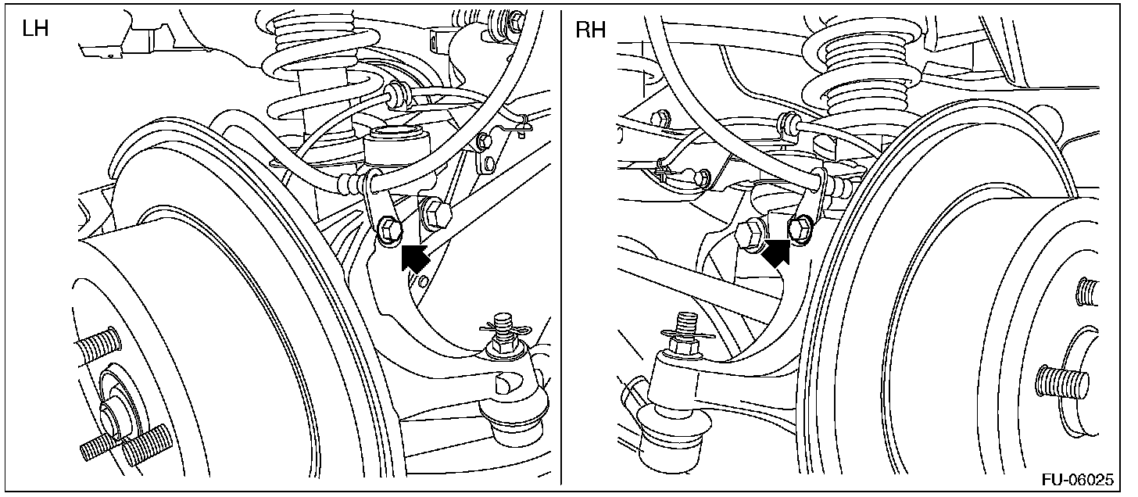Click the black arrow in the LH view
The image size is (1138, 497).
tap(414, 256)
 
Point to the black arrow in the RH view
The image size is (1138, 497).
tap(776, 252)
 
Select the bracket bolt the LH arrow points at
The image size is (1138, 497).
tap(388, 228)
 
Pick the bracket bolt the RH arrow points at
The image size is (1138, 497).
tap(801, 228)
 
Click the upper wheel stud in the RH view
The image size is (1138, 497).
tap(1089, 292)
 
